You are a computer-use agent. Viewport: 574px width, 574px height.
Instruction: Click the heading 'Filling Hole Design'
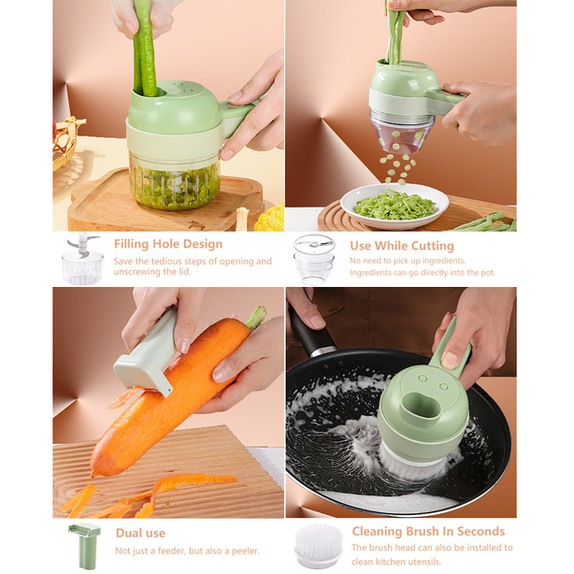[x=168, y=244]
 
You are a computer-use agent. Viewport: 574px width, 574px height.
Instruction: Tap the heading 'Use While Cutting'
[x=401, y=246]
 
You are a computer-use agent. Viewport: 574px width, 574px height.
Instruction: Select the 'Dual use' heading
[x=140, y=533]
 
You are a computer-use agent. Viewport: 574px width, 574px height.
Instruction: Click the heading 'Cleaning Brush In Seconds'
[x=428, y=531]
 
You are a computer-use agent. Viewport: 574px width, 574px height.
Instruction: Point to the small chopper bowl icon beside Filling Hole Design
[x=81, y=260]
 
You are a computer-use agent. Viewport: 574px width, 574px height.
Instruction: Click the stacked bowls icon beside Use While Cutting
[x=313, y=259]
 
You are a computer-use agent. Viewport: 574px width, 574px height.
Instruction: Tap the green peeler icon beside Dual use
[x=84, y=545]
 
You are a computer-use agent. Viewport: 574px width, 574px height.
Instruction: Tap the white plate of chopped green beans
[x=394, y=205]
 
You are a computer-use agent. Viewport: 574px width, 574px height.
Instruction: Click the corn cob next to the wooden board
[x=269, y=219]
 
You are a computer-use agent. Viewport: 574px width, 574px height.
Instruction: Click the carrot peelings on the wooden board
[x=140, y=495]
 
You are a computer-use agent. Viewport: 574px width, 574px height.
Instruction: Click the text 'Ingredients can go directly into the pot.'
[x=423, y=273]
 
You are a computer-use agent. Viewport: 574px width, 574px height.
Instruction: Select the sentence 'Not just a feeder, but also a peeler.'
[x=187, y=551]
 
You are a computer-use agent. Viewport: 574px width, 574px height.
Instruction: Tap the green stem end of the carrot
[x=255, y=318]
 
